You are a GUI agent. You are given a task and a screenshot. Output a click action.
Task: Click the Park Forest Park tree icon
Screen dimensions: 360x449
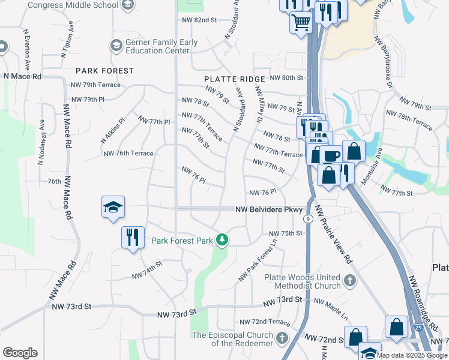tap(223, 241)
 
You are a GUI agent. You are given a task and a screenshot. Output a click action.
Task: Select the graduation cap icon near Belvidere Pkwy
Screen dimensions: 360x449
tap(113, 208)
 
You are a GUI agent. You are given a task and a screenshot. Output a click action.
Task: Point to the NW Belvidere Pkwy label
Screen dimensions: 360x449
tap(268, 209)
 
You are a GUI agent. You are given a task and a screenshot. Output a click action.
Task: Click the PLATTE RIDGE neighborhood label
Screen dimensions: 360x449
tap(234, 79)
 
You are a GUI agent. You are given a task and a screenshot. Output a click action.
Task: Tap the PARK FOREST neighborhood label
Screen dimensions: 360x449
tap(104, 71)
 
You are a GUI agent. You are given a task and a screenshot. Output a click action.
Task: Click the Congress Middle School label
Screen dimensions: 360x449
tap(74, 5)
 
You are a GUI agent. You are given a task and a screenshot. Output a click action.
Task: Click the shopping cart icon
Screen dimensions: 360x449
tap(301, 23)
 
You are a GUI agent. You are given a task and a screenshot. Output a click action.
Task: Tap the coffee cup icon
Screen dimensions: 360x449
tap(331, 156)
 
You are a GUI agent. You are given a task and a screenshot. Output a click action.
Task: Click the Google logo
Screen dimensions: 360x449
tap(20, 353)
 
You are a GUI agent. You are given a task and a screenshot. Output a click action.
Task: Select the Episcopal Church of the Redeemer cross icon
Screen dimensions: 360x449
tap(282, 339)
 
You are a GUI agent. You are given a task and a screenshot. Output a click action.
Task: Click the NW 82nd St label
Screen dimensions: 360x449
tap(199, 20)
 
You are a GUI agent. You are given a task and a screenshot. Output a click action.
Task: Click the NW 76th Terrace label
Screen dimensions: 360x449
tap(128, 153)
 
